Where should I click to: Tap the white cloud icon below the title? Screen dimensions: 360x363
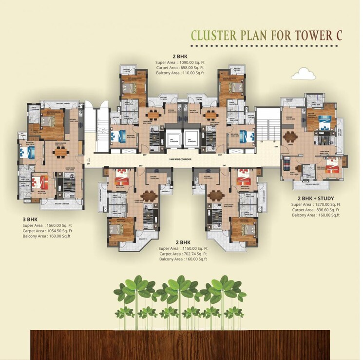(303, 74)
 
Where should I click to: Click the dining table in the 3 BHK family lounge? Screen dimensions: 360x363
(61, 152)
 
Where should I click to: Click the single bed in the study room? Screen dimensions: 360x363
(287, 161)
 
